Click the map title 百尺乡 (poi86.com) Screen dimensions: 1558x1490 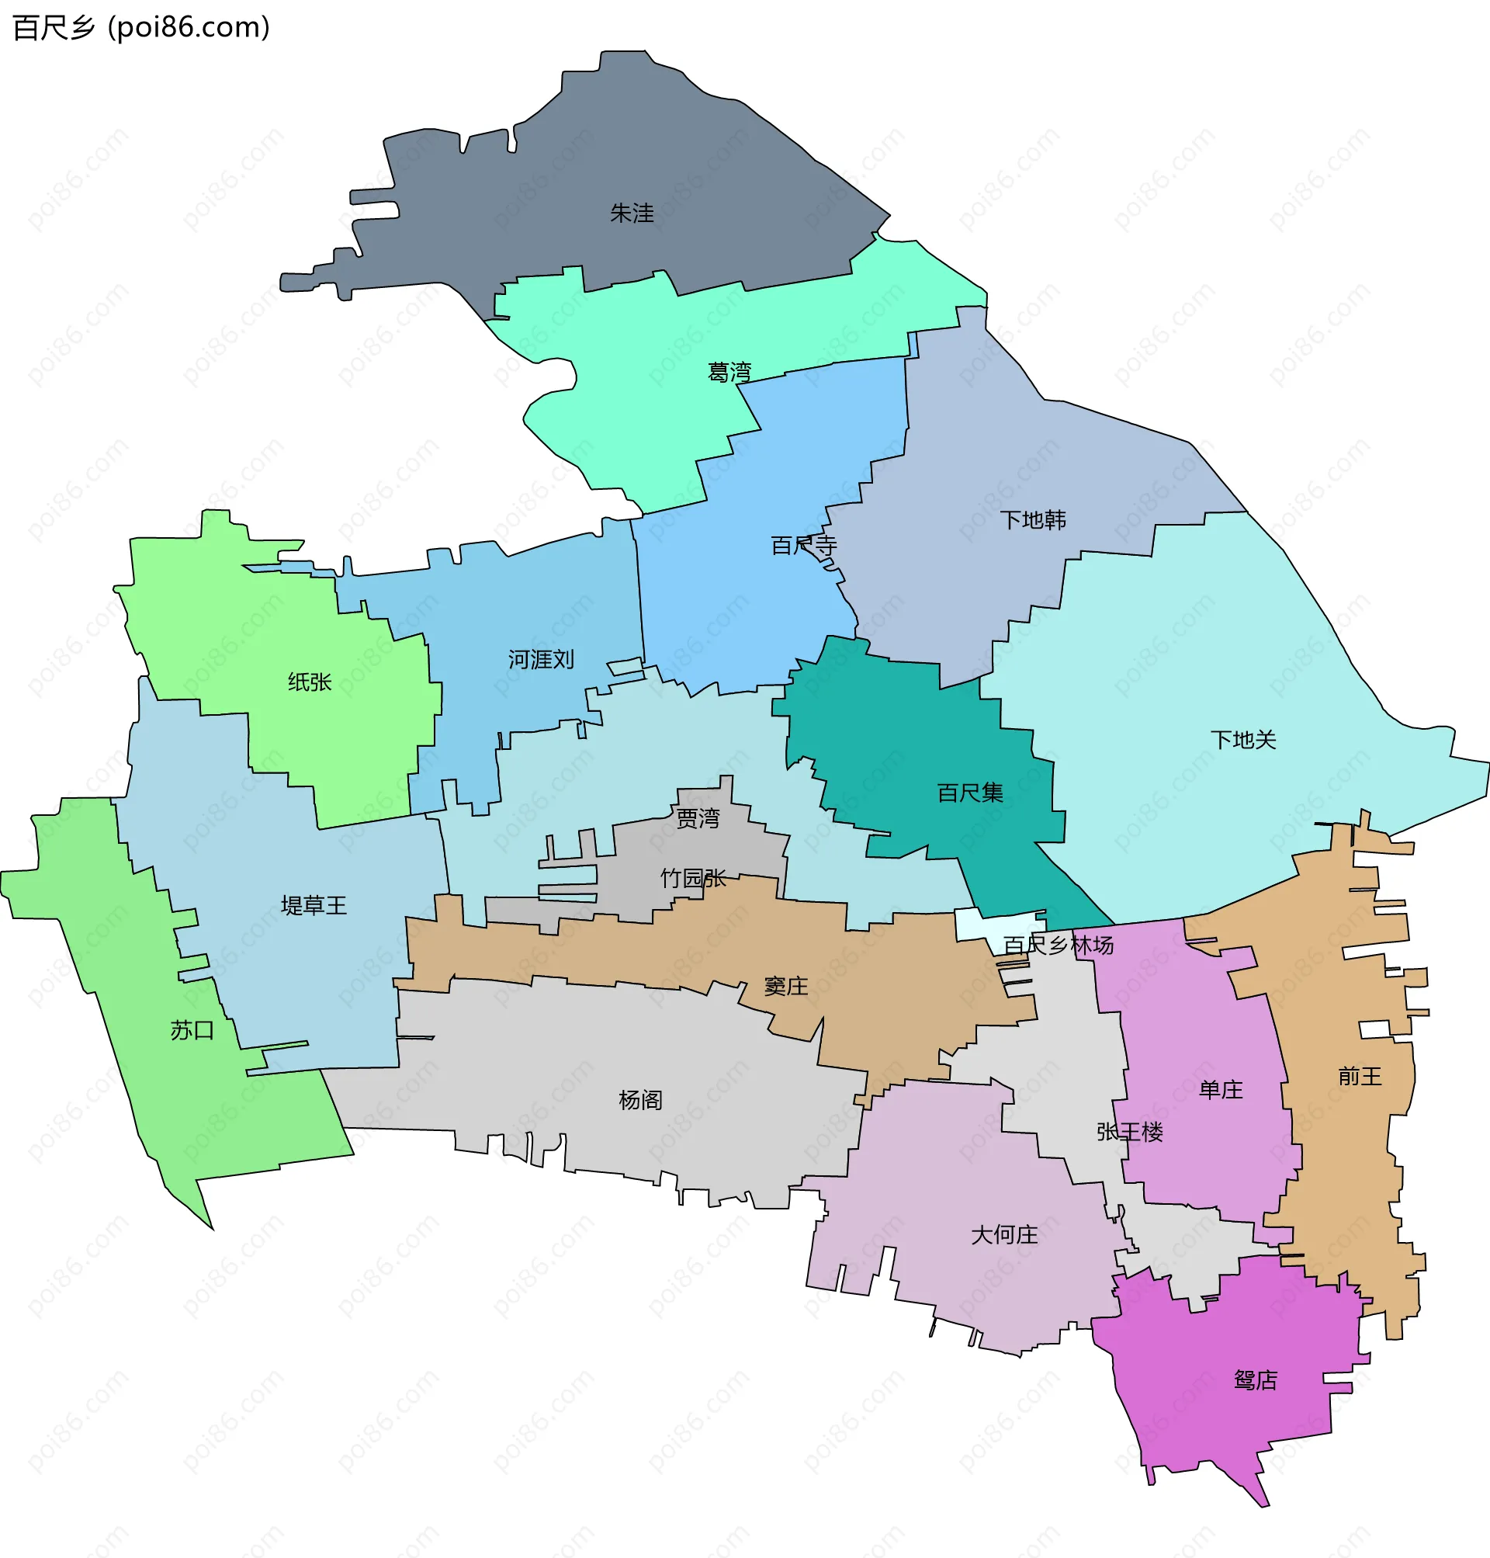point(141,28)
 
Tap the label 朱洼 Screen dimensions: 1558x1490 point(632,213)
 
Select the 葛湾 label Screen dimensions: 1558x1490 point(729,372)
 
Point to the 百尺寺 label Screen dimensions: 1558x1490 point(804,546)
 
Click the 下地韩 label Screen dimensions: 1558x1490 point(1032,520)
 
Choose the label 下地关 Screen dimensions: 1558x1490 point(1243,741)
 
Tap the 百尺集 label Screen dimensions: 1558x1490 point(970,793)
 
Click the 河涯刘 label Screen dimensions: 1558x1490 point(541,659)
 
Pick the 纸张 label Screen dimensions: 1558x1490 point(310,682)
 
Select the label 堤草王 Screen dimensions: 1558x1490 point(314,906)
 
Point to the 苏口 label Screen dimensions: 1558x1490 point(192,1031)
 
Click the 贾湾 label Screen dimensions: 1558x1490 point(698,818)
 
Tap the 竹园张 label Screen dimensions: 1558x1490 point(692,879)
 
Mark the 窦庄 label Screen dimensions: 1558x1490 point(785,987)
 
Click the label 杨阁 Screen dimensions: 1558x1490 point(640,1100)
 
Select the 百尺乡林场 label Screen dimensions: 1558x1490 point(1058,946)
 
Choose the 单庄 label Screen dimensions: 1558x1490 point(1221,1090)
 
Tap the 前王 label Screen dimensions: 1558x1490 point(1360,1077)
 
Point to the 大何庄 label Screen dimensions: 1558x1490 point(1004,1235)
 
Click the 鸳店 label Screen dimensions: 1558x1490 point(1256,1381)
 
